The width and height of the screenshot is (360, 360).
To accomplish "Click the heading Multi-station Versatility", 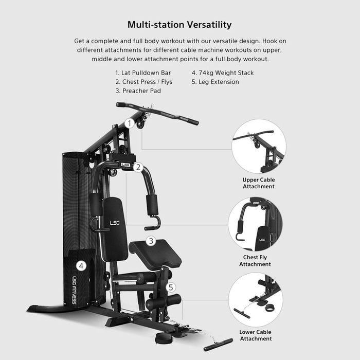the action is tap(179, 25).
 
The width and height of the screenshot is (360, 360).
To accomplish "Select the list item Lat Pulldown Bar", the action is tap(143, 73).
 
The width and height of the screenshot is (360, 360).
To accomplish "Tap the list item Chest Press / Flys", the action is tap(143, 82).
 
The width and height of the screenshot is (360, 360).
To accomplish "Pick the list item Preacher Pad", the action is tap(138, 91).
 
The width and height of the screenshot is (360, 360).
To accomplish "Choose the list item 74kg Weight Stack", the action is tap(223, 73).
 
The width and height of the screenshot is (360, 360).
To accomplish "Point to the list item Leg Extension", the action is tap(215, 82).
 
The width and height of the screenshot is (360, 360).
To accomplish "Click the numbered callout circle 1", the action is tap(130, 123).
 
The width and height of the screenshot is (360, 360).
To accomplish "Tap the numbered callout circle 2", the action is tap(138, 167).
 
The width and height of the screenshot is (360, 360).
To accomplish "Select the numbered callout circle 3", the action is tap(151, 241).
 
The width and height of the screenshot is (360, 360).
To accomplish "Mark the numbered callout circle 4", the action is tap(81, 266).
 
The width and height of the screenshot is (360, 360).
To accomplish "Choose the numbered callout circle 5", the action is tap(171, 287).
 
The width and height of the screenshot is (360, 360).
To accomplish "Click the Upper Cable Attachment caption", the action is tap(259, 183).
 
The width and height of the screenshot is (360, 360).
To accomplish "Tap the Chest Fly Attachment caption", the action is tap(255, 261).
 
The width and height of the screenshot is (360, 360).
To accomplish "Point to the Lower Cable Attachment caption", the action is tap(256, 335).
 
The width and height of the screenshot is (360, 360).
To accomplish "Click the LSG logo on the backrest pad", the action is tap(115, 223).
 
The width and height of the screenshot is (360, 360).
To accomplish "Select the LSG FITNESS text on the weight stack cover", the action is tap(74, 290).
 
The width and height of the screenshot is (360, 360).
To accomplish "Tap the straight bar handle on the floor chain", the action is tap(219, 345).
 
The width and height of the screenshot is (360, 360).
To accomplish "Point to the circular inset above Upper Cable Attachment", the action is tap(259, 146).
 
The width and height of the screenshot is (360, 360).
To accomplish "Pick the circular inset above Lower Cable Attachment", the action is tap(256, 300).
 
